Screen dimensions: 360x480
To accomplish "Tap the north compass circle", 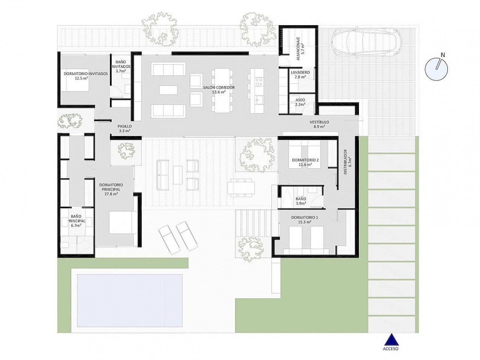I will coord(436,69).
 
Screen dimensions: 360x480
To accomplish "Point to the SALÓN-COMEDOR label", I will coord(219,87).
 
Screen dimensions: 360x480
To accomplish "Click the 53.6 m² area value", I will coord(219,92).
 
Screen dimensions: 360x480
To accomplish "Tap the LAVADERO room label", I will coord(300,72).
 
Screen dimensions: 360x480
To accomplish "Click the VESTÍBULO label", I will coord(319,122).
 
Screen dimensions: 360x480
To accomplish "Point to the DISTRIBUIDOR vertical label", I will coord(345,162).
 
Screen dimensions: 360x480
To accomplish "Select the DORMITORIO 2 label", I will coord(305,160).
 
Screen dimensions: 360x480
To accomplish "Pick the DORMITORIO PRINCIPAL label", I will coord(111,189).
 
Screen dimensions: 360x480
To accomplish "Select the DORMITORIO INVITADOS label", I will coord(85,74).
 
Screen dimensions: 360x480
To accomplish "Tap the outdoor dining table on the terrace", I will coord(241,187).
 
